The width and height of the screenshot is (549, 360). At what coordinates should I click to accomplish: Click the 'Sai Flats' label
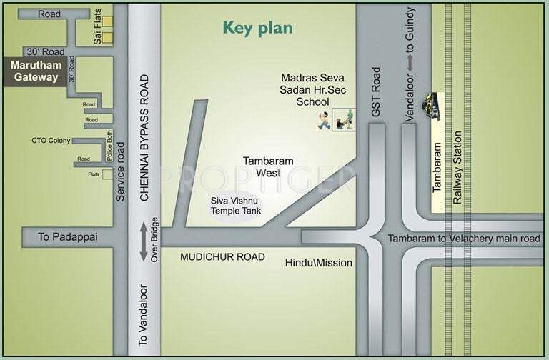click(97, 31)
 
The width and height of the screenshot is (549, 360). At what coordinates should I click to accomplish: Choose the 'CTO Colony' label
click(50, 140)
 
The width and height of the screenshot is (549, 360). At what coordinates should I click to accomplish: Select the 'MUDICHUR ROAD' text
click(222, 256)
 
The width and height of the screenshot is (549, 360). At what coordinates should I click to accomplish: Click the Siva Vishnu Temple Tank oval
click(235, 206)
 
